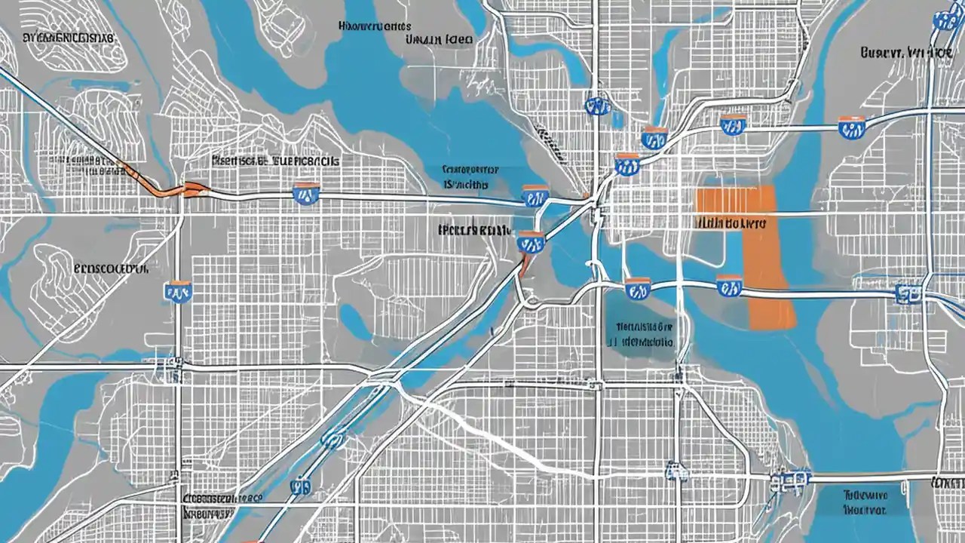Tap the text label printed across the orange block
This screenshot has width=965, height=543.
728,223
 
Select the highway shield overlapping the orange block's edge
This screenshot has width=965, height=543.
728,286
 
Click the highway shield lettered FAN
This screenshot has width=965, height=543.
178,292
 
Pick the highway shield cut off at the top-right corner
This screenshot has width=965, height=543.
944,19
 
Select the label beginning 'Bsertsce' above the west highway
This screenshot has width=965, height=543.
274,161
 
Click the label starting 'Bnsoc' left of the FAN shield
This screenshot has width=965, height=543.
112,267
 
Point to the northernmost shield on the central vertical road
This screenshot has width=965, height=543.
597,106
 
